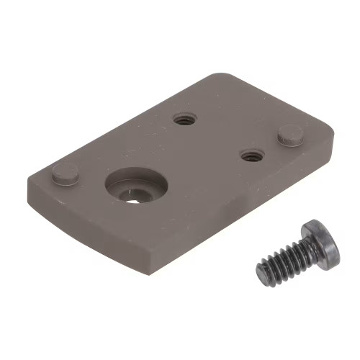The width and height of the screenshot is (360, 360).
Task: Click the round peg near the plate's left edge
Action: (65, 172)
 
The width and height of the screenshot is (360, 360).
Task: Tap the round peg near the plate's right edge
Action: (290, 134)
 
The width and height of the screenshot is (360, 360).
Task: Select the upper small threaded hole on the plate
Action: (185, 120)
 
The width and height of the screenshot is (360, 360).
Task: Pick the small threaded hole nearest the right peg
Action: (251, 155)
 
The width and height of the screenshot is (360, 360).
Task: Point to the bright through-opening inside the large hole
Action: (133, 197)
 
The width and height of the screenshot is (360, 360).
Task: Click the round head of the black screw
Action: (321, 243)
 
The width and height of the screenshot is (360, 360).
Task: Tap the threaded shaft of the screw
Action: (284, 261)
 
